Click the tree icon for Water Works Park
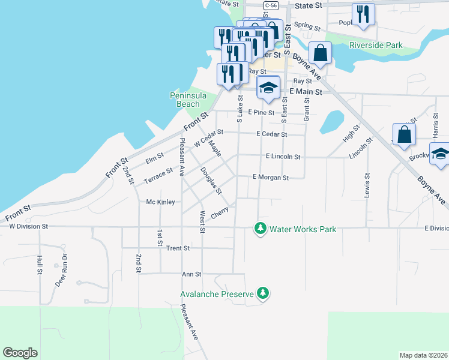(x=260, y=229)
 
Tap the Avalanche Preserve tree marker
(x=262, y=293)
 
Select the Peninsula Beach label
(x=188, y=100)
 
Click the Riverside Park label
(x=376, y=45)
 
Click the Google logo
(x=20, y=353)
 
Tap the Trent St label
(x=178, y=248)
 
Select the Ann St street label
(x=190, y=274)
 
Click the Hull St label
(x=40, y=264)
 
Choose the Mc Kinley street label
(x=160, y=202)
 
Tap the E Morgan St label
(x=271, y=178)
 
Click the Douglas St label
(x=211, y=181)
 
